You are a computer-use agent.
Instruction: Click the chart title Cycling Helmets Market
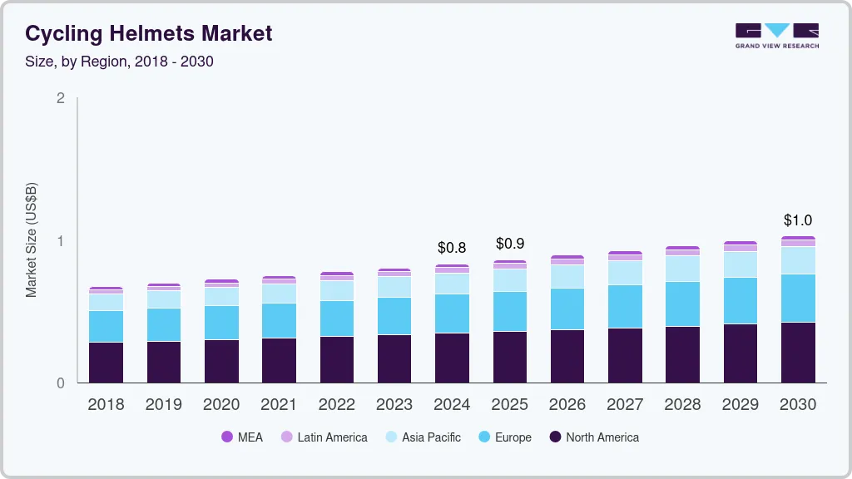148,33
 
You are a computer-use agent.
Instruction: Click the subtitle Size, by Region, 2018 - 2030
119,62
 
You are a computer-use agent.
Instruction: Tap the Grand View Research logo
776,35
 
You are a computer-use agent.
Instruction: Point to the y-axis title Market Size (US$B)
31,239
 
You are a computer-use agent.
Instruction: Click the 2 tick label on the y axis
60,98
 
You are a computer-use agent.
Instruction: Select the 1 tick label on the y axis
60,241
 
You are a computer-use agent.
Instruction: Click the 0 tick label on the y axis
60,383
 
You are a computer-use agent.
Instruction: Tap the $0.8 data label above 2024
453,247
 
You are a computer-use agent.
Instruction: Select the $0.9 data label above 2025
510,244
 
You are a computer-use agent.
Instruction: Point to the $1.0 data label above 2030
798,220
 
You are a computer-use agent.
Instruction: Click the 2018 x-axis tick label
106,405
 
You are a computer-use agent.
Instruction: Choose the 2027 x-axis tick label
625,405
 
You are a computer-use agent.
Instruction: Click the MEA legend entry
242,437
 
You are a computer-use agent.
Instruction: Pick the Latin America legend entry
324,437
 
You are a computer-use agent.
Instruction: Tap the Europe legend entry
505,437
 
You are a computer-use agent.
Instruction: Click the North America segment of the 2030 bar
798,353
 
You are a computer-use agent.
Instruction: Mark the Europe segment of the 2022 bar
337,319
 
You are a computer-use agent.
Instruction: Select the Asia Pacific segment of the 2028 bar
682,269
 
